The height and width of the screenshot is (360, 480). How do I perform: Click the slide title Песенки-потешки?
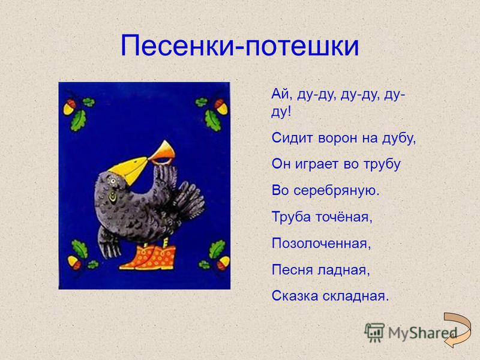point(239,46)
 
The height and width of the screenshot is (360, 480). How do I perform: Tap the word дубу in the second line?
point(399,138)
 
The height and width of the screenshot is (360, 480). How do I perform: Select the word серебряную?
point(337,190)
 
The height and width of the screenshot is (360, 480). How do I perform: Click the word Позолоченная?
point(321,244)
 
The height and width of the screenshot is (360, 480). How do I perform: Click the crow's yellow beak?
point(129,169)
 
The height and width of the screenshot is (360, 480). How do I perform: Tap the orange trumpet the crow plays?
point(162,152)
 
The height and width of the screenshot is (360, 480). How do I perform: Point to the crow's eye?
point(113,181)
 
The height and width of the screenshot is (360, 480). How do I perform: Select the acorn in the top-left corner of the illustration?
point(70,106)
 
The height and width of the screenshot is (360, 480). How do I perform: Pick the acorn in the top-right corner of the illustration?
point(221,106)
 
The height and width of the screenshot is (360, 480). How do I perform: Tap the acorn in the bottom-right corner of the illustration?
point(223,263)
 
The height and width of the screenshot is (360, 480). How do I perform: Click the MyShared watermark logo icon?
point(374,332)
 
